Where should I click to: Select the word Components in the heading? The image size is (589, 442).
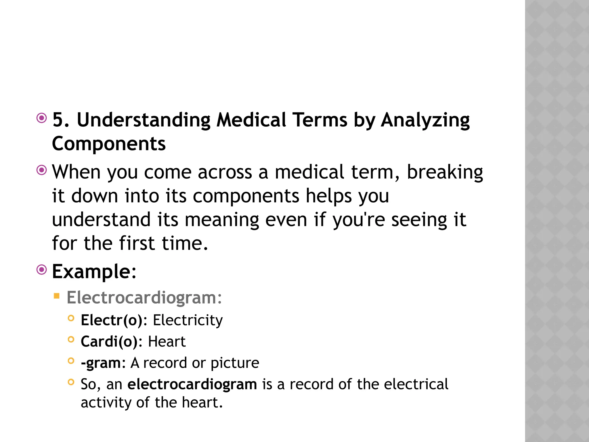pyautogui.click(x=109, y=144)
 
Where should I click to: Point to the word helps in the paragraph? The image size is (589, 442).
pyautogui.click(x=328, y=196)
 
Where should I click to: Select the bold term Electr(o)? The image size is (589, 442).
pyautogui.click(x=112, y=321)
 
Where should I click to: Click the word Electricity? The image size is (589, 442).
pyautogui.click(x=188, y=321)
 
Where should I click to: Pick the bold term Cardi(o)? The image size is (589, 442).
pyautogui.click(x=109, y=342)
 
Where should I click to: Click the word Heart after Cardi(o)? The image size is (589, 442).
pyautogui.click(x=167, y=342)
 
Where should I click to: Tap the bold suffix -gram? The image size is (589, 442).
pyautogui.click(x=101, y=363)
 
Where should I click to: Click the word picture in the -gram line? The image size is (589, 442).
pyautogui.click(x=235, y=363)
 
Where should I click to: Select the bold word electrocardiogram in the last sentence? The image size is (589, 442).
pyautogui.click(x=192, y=384)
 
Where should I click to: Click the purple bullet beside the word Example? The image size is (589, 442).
pyautogui.click(x=42, y=270)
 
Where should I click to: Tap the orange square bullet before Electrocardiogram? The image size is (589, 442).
pyautogui.click(x=57, y=296)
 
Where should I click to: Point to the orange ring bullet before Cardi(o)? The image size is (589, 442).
pyautogui.click(x=71, y=340)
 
